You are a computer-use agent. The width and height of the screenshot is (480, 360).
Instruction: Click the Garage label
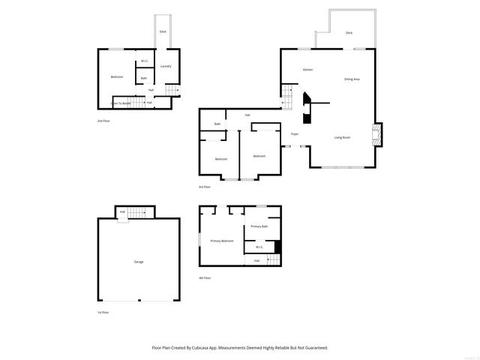(139, 262)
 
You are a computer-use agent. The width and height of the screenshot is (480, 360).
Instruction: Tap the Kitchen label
(307, 70)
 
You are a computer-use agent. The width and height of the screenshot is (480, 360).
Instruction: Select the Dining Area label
(352, 79)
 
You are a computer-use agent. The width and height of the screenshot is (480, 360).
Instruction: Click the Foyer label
(295, 134)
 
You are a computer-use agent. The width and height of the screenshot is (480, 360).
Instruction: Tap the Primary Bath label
(259, 226)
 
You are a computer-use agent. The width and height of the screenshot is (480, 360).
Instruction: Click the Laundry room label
(166, 66)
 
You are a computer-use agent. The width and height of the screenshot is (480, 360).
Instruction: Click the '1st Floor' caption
(103, 312)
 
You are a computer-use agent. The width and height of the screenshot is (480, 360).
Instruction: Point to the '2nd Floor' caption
(103, 121)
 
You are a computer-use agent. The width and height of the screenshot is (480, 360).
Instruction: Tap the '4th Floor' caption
(205, 278)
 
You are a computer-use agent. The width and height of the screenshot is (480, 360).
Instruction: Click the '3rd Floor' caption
(205, 187)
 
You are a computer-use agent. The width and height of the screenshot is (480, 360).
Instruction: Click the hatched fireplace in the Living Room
(378, 135)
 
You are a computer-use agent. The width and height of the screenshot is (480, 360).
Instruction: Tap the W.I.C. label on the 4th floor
(259, 247)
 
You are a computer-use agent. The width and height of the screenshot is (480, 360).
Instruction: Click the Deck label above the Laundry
(163, 31)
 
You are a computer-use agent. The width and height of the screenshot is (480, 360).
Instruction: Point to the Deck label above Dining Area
(349, 33)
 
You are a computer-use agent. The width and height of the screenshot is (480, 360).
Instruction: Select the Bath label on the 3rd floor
(217, 124)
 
